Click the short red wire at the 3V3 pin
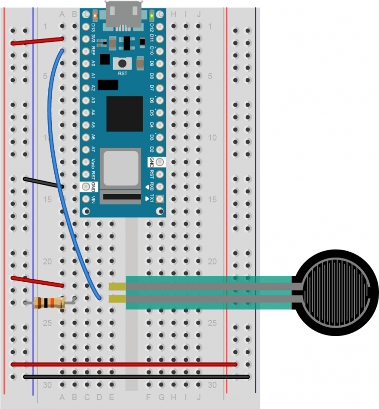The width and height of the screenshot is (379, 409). click(37, 41)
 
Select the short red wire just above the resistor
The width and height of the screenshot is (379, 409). click(38, 281)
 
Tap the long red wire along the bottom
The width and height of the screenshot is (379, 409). click(123, 365)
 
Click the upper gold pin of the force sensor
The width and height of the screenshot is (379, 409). click(116, 286)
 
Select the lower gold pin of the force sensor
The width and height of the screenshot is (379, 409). click(116, 298)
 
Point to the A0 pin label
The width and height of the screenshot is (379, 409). click(93, 63)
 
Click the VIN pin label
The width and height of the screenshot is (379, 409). click(93, 199)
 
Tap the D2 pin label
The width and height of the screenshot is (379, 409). click(152, 149)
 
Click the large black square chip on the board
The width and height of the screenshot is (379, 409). click(124, 113)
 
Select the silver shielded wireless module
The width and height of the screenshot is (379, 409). click(120, 168)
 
